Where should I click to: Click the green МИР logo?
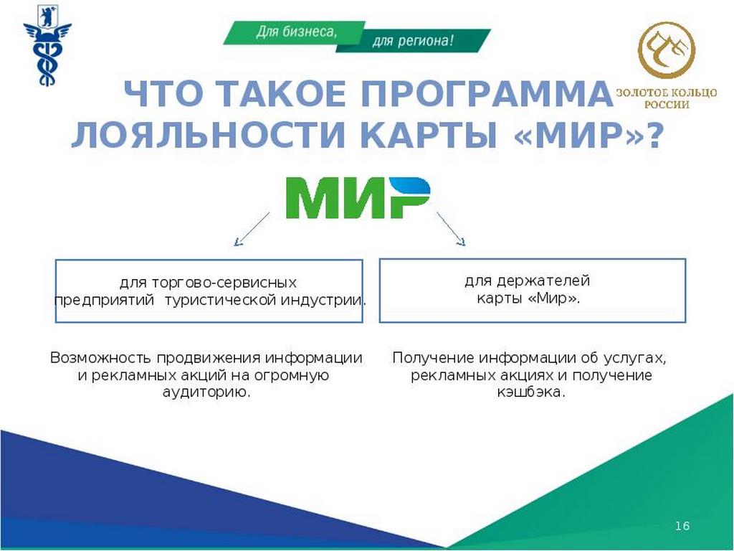pyautogui.click(x=358, y=197)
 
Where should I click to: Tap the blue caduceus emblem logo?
pyautogui.click(x=47, y=45)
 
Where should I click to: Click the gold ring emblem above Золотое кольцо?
pyautogui.click(x=667, y=52)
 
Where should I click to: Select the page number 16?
pyautogui.click(x=682, y=526)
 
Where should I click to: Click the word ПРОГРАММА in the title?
pyautogui.click(x=486, y=94)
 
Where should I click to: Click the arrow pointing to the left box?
pyautogui.click(x=252, y=229)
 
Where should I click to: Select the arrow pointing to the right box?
pyautogui.click(x=452, y=229)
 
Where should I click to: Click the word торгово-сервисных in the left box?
pyautogui.click(x=224, y=283)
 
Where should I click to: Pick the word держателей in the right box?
pyautogui.click(x=543, y=281)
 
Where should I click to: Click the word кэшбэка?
pyautogui.click(x=531, y=392)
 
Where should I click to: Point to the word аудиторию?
pyautogui.click(x=206, y=392)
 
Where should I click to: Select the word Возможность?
pyautogui.click(x=100, y=358)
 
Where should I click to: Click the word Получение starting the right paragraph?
pyautogui.click(x=434, y=358)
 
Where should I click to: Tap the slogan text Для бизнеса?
pyautogui.click(x=296, y=32)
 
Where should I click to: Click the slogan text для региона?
pyautogui.click(x=413, y=41)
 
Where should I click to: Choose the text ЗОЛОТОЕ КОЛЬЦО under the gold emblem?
pyautogui.click(x=667, y=93)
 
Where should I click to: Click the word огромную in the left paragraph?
pyautogui.click(x=292, y=375)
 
